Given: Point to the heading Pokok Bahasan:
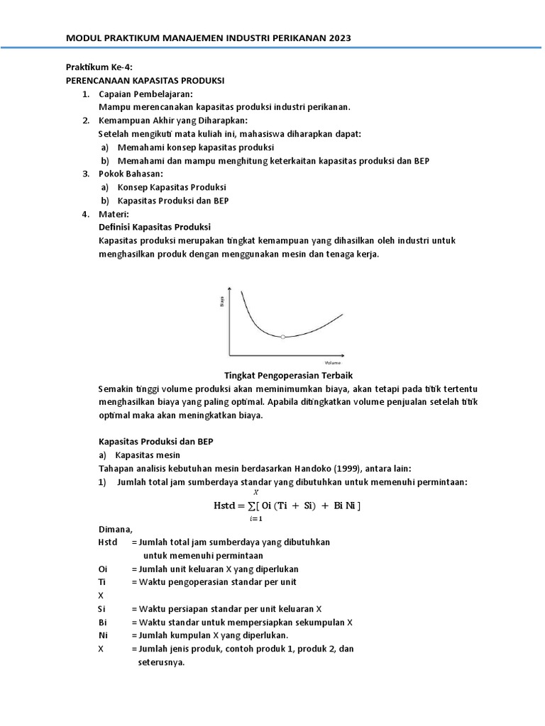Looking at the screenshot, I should coord(131,174).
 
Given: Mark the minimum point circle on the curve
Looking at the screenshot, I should coord(282,337).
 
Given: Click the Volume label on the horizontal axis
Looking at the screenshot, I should coord(333,362).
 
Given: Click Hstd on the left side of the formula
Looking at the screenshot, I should coord(227,506).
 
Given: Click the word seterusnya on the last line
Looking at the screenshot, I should coord(160,662).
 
